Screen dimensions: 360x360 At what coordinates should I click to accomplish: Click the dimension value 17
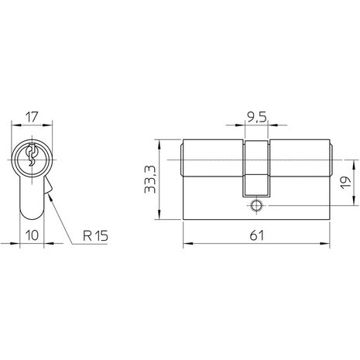point(33,117)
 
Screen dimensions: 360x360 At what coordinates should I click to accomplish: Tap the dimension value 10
point(32,235)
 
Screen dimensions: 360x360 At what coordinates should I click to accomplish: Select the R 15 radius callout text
point(95,235)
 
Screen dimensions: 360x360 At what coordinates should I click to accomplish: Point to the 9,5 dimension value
point(256,118)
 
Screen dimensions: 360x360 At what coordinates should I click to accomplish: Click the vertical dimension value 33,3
point(150,180)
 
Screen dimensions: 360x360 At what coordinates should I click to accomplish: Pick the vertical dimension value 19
point(346,183)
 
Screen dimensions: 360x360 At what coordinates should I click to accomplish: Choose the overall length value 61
point(257,235)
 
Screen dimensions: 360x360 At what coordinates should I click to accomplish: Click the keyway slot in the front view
point(32,155)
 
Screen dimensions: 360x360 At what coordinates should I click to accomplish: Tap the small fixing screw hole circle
point(256,206)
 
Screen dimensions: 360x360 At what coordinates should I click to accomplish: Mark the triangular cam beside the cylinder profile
point(49,185)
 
